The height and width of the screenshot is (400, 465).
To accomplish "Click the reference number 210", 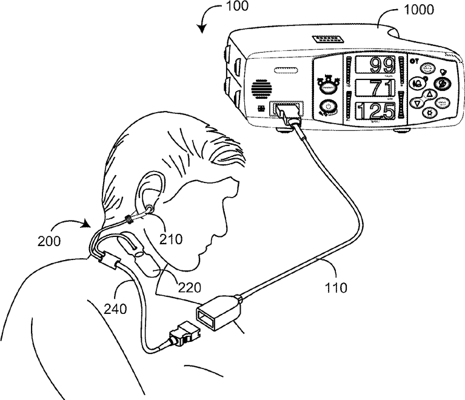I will [x=172, y=239].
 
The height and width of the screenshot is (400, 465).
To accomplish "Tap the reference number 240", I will [x=115, y=308].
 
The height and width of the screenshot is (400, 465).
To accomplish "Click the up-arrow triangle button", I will [x=429, y=93].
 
